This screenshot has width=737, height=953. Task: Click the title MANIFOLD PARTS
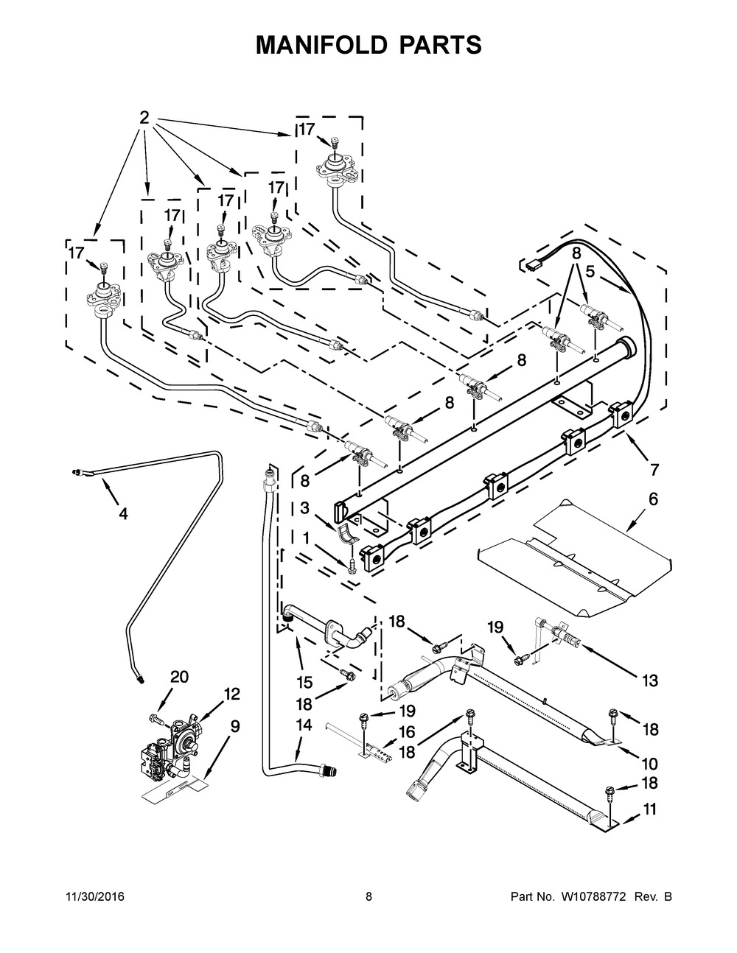[x=368, y=46]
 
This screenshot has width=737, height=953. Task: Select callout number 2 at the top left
[x=144, y=118]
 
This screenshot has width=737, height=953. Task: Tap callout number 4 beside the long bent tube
[x=123, y=514]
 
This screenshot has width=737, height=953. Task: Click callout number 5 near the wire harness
[x=590, y=271]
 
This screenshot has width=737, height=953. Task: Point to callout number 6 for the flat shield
[x=652, y=500]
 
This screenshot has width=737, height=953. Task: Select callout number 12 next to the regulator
[x=232, y=694]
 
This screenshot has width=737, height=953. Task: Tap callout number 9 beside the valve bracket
[x=234, y=727]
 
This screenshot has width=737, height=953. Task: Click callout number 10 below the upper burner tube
[x=649, y=764]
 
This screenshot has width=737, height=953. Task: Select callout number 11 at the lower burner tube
[x=649, y=809]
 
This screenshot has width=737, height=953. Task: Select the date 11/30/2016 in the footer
[x=95, y=897]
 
